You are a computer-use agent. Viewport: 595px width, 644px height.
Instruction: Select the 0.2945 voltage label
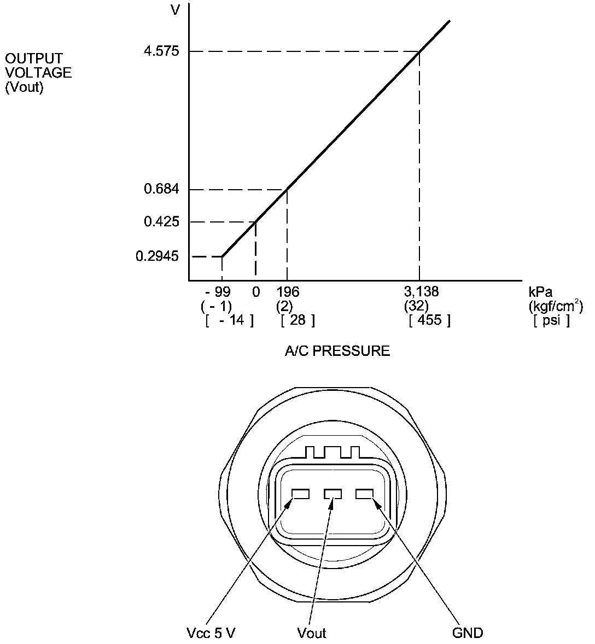157,256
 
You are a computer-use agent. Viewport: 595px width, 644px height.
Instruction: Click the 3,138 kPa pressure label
421,291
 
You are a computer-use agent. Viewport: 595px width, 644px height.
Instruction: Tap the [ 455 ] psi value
429,320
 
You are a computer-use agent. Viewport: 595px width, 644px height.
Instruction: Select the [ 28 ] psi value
297,320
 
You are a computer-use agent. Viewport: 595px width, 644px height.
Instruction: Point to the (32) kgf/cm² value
416,305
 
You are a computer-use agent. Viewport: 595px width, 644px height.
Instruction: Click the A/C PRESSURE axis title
337,351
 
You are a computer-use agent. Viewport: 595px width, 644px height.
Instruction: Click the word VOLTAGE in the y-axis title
38,73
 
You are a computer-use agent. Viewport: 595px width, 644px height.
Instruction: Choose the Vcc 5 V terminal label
211,633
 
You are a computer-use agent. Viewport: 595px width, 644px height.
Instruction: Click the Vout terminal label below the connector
312,633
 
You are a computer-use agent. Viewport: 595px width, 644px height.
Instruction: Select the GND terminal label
468,633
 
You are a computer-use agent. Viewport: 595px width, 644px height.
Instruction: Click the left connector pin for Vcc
300,494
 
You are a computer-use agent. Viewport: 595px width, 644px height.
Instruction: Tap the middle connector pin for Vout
332,494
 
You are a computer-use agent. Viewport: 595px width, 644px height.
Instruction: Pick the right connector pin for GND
364,494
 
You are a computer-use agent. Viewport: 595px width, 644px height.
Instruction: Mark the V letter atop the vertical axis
176,10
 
